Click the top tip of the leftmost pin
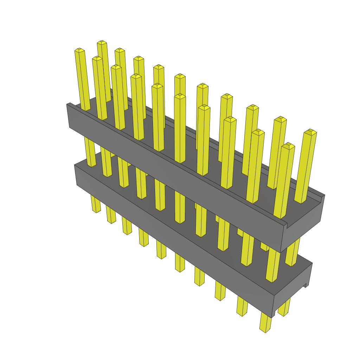coord(79,50)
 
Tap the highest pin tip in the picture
coord(102,42)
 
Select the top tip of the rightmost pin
coord(310,131)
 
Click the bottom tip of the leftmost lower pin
coord(96,211)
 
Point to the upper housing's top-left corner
coord(68,104)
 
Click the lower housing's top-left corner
coord(76,165)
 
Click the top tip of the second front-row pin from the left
coord(97,58)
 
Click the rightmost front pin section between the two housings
coord(272,264)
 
